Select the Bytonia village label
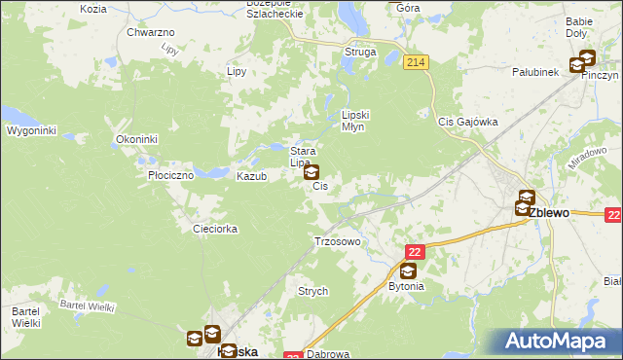coord(407,287)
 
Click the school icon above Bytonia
coord(407,271)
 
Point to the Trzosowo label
coord(338,240)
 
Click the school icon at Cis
coord(311,173)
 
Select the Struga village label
coord(359,53)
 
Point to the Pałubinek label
coord(535,71)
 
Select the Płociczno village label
coord(171,176)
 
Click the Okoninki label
coord(136,139)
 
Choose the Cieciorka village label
coord(215,229)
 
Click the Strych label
coord(312,291)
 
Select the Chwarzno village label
coord(151,32)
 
